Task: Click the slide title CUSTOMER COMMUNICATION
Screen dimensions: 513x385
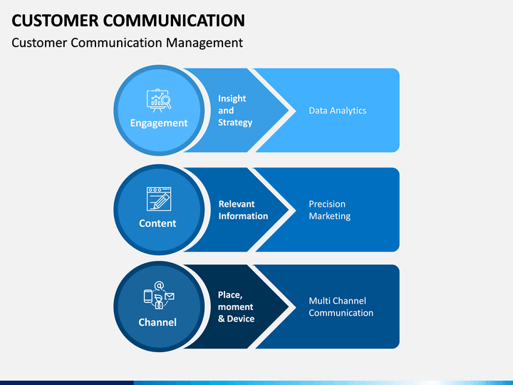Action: click(x=128, y=20)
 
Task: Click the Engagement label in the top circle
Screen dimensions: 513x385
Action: click(x=159, y=123)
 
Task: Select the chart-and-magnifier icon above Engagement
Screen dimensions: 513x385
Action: click(x=159, y=101)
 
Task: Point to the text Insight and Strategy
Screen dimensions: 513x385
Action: click(x=235, y=111)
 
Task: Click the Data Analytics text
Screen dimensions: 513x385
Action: click(x=338, y=111)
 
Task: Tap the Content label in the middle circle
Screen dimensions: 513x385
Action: click(x=157, y=223)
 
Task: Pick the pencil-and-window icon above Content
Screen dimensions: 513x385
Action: click(x=159, y=199)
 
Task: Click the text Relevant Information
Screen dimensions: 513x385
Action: click(x=243, y=210)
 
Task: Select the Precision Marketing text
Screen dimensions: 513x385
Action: click(x=330, y=210)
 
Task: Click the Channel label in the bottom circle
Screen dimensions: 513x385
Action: click(x=157, y=322)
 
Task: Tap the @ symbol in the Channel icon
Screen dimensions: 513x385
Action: click(x=159, y=285)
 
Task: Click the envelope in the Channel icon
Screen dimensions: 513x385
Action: click(x=170, y=297)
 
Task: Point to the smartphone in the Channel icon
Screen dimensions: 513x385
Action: click(x=148, y=297)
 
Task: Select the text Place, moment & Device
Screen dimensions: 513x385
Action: click(x=237, y=307)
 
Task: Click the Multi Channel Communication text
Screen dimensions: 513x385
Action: click(x=341, y=307)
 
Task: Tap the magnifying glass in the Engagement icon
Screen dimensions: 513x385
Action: click(x=167, y=101)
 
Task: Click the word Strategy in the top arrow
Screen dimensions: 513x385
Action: click(x=235, y=123)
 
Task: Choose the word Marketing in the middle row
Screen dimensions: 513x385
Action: click(x=330, y=216)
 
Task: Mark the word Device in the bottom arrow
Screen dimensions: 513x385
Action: click(x=241, y=319)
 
